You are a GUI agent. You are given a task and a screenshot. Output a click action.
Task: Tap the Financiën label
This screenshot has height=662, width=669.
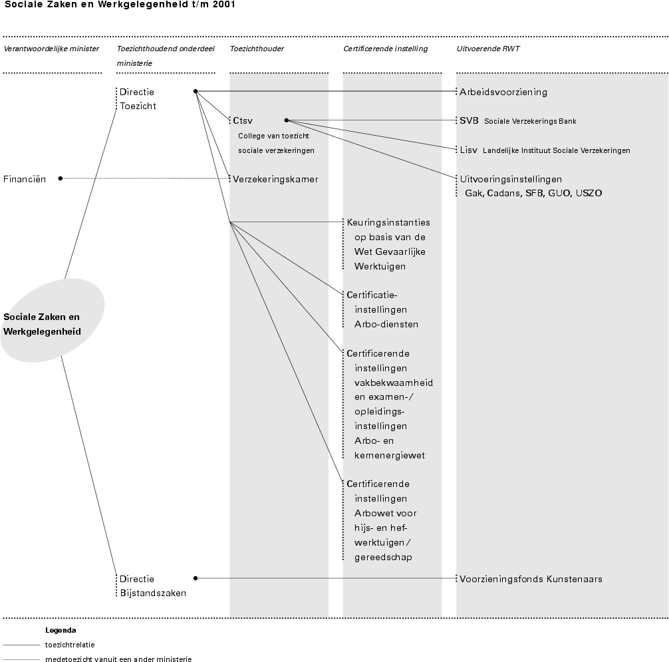pyautogui.click(x=25, y=178)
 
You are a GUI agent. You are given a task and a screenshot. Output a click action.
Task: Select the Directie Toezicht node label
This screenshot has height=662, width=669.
pyautogui.click(x=138, y=98)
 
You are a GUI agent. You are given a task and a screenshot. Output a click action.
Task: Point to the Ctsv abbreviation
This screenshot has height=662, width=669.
pyautogui.click(x=243, y=120)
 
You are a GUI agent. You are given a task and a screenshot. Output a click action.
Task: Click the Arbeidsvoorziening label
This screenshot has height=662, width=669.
pyautogui.click(x=503, y=92)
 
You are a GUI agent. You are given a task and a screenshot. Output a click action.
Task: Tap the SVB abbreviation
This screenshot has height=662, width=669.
pyautogui.click(x=469, y=120)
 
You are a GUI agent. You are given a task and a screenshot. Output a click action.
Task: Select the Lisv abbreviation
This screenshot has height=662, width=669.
pyautogui.click(x=468, y=150)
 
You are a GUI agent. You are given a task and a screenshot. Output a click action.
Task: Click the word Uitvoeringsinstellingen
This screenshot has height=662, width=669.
pyautogui.click(x=511, y=178)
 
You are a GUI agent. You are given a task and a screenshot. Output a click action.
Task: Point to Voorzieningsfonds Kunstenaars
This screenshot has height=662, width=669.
pyautogui.click(x=531, y=579)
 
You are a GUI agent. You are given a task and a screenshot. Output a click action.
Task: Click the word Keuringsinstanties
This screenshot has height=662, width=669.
pyautogui.click(x=388, y=222)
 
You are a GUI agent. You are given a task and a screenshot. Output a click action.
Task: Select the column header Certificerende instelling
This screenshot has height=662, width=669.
pyautogui.click(x=385, y=49)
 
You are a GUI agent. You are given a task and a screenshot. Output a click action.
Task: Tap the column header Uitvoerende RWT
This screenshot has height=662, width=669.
pyautogui.click(x=488, y=49)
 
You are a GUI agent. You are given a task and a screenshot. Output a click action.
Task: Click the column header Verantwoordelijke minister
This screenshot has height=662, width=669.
pyautogui.click(x=51, y=49)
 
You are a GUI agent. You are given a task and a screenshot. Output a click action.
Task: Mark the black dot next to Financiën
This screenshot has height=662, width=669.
pyautogui.click(x=61, y=178)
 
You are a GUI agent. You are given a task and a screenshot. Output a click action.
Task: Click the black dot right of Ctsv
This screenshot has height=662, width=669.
pyautogui.click(x=286, y=120)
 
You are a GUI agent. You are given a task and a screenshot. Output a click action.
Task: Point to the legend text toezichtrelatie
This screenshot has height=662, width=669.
pyautogui.click(x=70, y=645)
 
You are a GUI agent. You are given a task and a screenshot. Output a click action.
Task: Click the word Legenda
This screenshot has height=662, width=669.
pyautogui.click(x=61, y=629)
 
